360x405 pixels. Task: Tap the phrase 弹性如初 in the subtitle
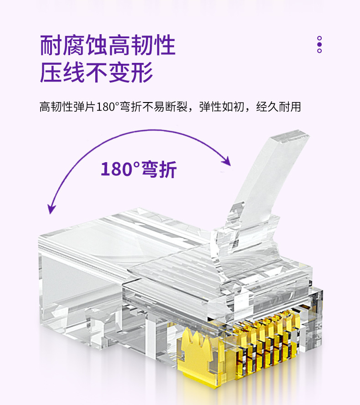(x=222, y=108)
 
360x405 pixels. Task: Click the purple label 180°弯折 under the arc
(x=138, y=169)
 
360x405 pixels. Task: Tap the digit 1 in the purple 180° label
(x=104, y=169)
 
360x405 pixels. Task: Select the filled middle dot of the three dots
(x=319, y=45)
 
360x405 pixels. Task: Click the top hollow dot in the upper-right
(x=319, y=39)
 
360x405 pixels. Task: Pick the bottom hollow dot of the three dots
(x=319, y=51)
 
